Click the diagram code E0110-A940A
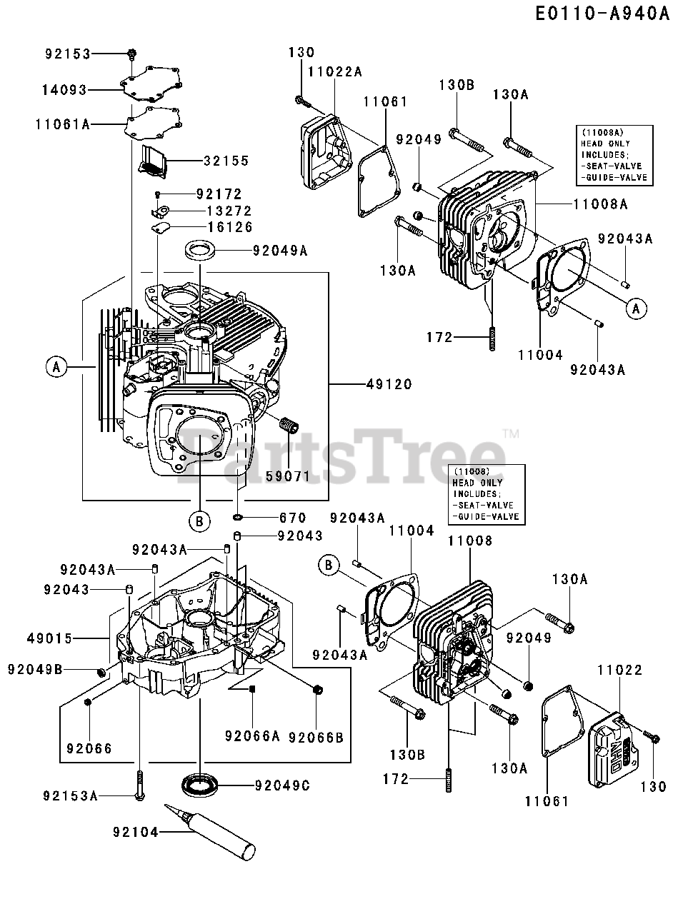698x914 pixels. [x=602, y=14]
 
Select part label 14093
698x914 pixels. [x=64, y=89]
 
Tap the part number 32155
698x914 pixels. [x=226, y=161]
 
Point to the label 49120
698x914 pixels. [x=389, y=383]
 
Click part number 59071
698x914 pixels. [x=288, y=476]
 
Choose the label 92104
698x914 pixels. [x=136, y=832]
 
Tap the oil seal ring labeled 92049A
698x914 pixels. [x=200, y=251]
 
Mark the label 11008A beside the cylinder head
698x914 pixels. [x=601, y=204]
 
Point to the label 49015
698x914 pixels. [x=49, y=638]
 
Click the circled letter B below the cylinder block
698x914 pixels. [x=199, y=521]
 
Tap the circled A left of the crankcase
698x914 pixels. [x=56, y=367]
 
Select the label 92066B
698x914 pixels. [x=316, y=738]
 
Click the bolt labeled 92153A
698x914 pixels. [x=140, y=785]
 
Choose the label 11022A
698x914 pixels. [x=335, y=72]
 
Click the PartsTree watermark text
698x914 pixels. [x=341, y=458]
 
